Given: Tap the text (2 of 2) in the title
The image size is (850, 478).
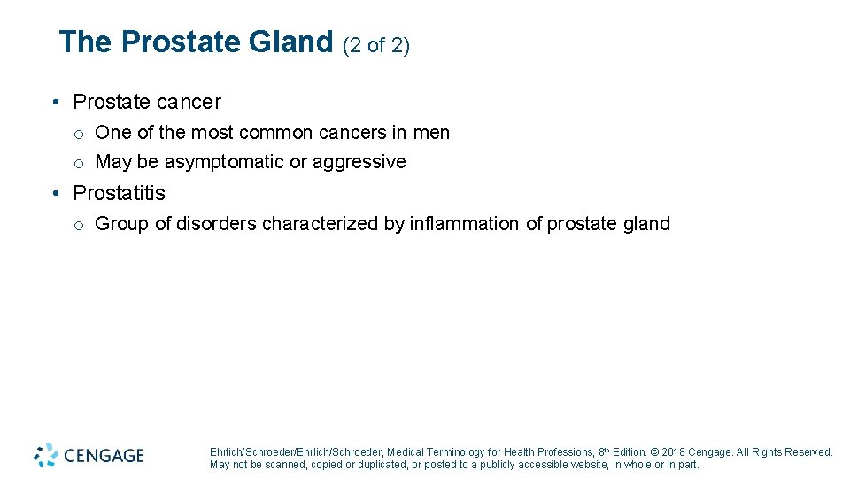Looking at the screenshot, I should [x=375, y=45].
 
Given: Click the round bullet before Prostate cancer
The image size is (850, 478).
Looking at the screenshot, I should [x=56, y=103].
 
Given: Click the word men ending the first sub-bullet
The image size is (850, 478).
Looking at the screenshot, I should [x=431, y=133].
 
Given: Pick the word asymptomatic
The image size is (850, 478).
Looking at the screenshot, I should [x=225, y=162].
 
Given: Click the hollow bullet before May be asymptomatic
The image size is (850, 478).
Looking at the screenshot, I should [x=79, y=163].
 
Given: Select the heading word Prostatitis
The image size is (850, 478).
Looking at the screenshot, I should [x=119, y=193].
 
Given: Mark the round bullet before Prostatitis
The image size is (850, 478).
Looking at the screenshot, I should [x=56, y=193].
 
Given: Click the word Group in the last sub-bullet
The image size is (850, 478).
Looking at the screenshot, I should [x=122, y=224].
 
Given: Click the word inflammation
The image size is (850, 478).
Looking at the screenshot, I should [x=464, y=224].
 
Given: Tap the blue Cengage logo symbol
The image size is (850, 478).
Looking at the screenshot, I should [x=46, y=455].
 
